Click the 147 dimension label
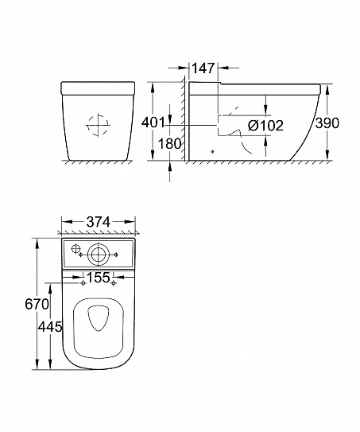pyautogui.click(x=203, y=68)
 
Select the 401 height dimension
pyautogui.click(x=153, y=123)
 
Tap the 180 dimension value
pyautogui.click(x=170, y=143)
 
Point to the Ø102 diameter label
pyautogui.click(x=265, y=126)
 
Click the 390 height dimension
pyautogui.click(x=327, y=123)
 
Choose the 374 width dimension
pyautogui.click(x=99, y=222)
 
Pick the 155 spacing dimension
pyautogui.click(x=99, y=278)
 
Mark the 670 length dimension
pyautogui.click(x=37, y=305)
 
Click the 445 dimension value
pyautogui.click(x=50, y=327)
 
